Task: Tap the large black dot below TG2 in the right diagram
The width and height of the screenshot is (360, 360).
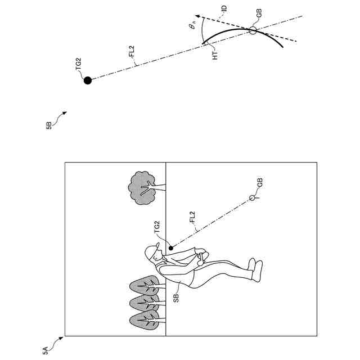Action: click(x=87, y=80)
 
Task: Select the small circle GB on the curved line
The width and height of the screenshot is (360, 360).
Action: click(x=253, y=31)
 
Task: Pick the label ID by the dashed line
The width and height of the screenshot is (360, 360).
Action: click(x=224, y=10)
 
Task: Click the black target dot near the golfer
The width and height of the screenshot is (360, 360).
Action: click(x=170, y=246)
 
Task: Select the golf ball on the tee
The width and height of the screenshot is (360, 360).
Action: click(x=251, y=197)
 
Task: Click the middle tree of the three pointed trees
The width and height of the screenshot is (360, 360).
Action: click(x=143, y=303)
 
